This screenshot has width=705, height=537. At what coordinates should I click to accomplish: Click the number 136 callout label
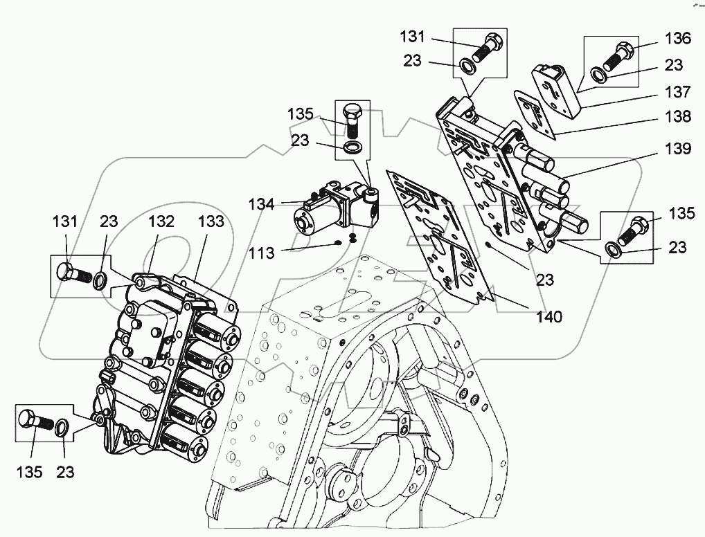677,39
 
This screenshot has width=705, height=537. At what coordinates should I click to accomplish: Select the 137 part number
677,91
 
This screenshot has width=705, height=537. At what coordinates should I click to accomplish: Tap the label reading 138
677,117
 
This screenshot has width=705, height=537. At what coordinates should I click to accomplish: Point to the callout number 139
677,149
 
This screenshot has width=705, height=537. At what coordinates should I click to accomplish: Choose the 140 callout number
548,318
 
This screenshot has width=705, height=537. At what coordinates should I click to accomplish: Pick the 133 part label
211,221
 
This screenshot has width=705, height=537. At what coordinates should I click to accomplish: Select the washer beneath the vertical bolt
352,148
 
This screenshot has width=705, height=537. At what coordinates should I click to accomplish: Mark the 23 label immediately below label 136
673,65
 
